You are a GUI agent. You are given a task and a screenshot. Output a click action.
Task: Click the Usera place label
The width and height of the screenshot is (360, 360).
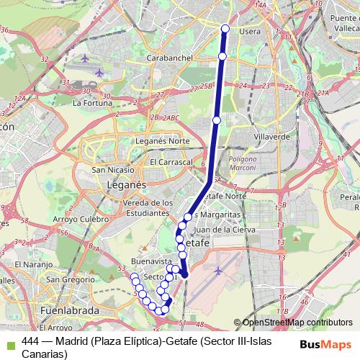coord(249,32)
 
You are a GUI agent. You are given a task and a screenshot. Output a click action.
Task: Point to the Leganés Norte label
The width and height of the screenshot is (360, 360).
coord(158,141)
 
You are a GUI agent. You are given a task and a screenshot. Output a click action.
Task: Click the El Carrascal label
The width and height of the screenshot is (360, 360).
coord(171,163)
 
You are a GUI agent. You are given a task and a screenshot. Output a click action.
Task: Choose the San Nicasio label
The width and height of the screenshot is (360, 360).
coord(112,170)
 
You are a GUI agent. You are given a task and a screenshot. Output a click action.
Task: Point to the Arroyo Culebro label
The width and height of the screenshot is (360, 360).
coord(81,219)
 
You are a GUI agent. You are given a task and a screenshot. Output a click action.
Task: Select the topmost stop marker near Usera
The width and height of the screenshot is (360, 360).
coord(225,29)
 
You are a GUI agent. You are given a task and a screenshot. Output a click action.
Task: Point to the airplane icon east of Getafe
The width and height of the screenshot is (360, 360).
coord(218,270)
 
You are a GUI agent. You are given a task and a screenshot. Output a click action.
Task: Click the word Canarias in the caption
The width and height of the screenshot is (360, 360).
coord(45,354)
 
